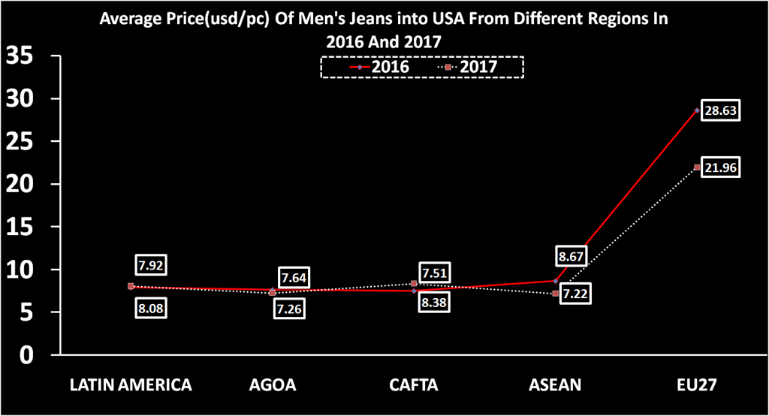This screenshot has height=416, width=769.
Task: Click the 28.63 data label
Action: pos(720,110)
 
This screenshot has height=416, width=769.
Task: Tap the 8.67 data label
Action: pos(572,256)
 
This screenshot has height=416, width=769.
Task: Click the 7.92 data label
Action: pos(151,265)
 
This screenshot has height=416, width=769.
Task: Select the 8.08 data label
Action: pos(151,307)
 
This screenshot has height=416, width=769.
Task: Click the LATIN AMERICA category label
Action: pos(131,385)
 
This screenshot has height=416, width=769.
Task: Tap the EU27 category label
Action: pos(696,385)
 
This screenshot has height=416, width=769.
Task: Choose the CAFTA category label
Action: pos(414,385)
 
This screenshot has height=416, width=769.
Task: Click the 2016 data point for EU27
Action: pos(697,110)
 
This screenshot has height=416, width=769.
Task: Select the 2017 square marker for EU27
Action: pos(697,167)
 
